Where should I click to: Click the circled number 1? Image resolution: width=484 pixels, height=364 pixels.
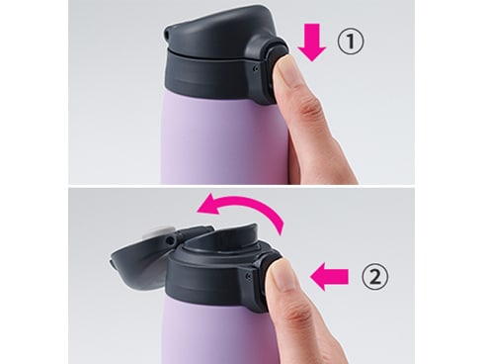(351, 43)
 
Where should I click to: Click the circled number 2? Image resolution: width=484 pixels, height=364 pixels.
(375, 277)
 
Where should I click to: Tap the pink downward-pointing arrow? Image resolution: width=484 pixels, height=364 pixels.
(312, 42)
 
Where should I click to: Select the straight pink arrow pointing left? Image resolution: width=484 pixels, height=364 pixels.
(329, 276)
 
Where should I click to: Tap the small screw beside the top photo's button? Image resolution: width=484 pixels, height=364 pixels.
(256, 69)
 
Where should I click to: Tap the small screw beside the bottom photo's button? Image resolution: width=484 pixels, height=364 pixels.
(249, 276)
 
